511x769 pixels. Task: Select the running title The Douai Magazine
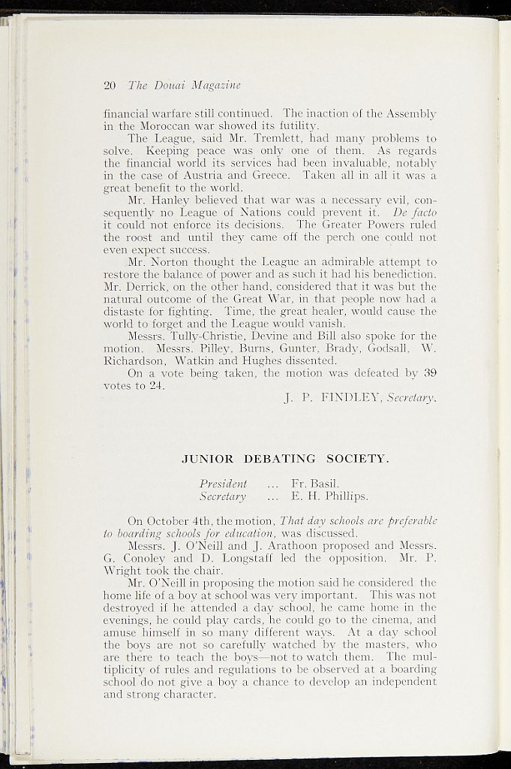point(184,85)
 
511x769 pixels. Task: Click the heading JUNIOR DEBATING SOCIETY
point(286,458)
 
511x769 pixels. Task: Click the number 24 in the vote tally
point(155,386)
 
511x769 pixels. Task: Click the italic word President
point(223,483)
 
